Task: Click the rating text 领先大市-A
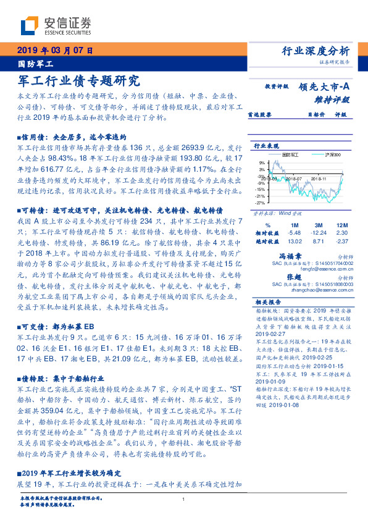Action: (326, 87)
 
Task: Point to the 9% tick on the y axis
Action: (262, 163)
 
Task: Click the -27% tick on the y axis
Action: (261, 202)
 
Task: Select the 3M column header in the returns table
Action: (319, 224)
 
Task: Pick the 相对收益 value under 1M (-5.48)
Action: (295, 232)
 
